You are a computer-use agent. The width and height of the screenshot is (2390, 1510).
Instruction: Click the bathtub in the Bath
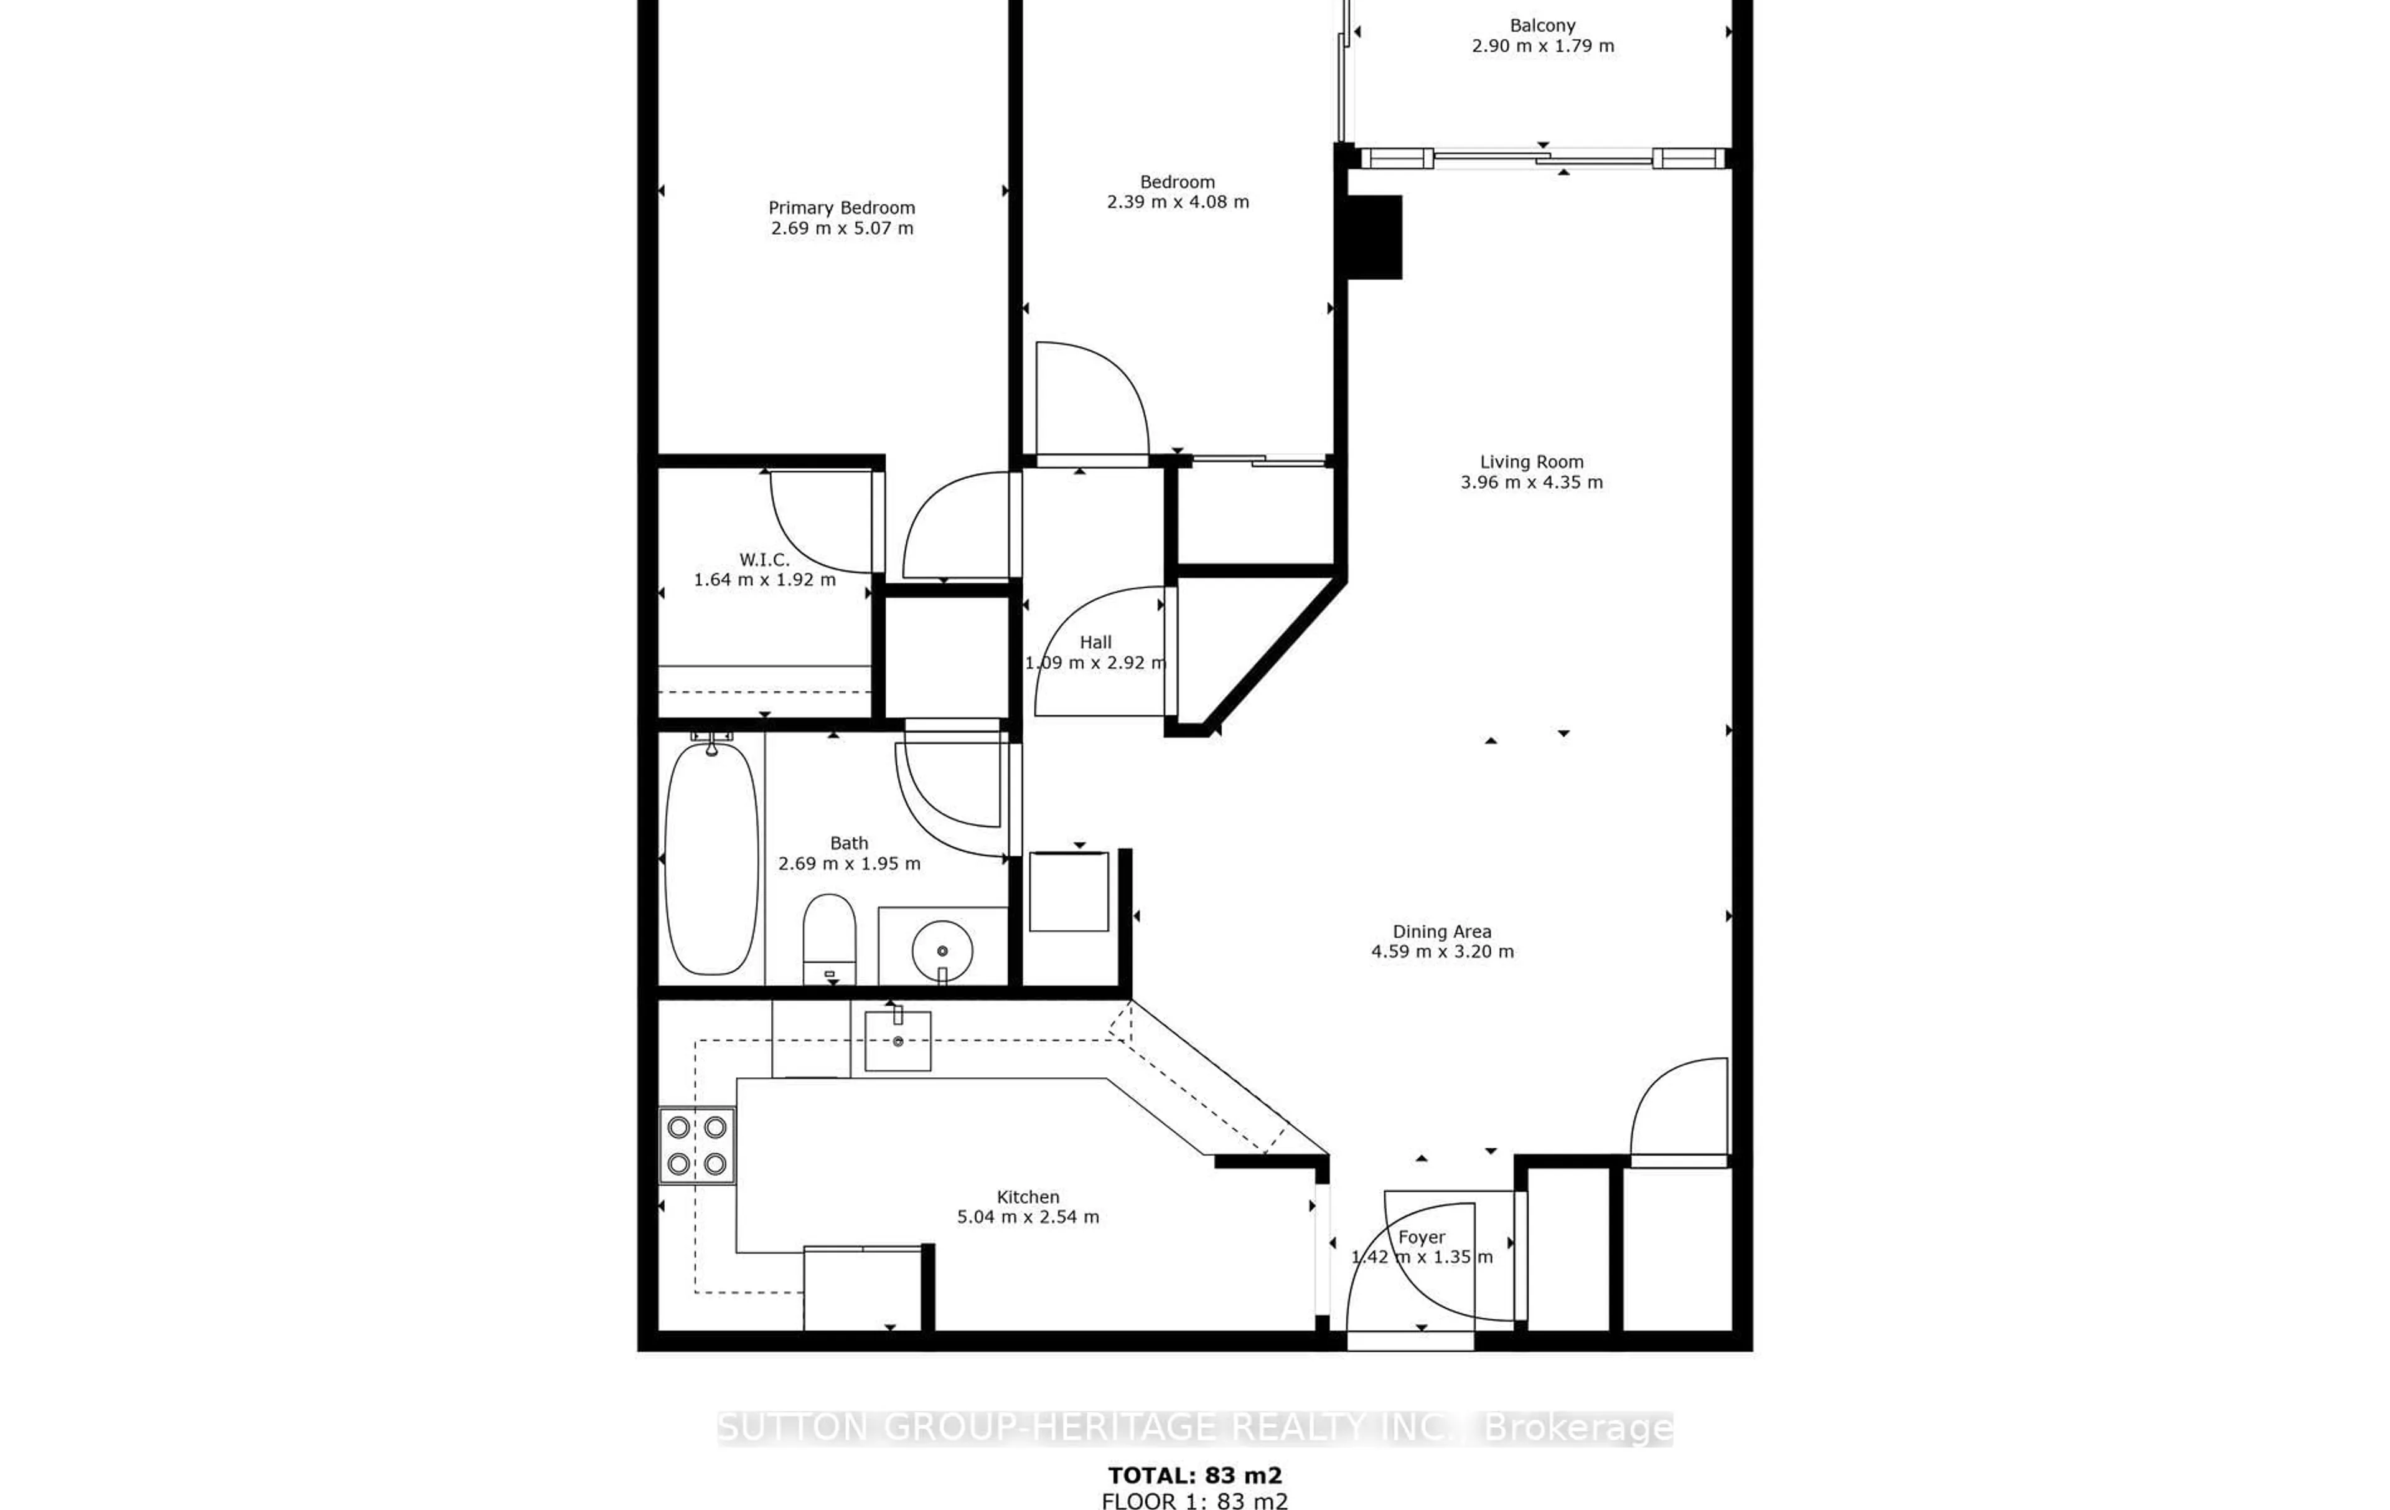[x=711, y=858]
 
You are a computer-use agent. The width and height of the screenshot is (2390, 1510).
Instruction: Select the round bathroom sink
[x=942, y=950]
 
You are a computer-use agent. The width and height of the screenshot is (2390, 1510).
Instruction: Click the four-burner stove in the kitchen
[x=696, y=1144]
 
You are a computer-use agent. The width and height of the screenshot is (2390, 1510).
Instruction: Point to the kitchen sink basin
[x=897, y=1040]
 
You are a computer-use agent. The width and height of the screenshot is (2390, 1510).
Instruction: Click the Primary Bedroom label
[x=841, y=207]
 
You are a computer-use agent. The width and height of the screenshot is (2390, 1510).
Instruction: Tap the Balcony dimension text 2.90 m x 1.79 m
[x=1542, y=45]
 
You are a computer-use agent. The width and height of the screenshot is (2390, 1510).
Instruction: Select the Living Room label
[x=1532, y=461]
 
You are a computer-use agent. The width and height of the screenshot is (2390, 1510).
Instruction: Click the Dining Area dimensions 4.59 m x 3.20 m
[x=1442, y=951]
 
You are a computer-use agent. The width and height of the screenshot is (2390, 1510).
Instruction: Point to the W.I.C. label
[x=764, y=560]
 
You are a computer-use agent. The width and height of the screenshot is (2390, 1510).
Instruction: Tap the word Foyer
[x=1422, y=1237]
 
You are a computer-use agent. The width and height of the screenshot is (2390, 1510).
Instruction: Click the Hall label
[x=1096, y=643]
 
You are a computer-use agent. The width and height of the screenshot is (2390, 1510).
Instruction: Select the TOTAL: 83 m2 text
[x=1195, y=1475]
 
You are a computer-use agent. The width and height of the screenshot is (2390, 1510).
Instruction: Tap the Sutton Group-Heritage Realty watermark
[x=1195, y=1428]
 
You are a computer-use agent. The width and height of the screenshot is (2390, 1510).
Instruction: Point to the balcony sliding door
[x=1544, y=158]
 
